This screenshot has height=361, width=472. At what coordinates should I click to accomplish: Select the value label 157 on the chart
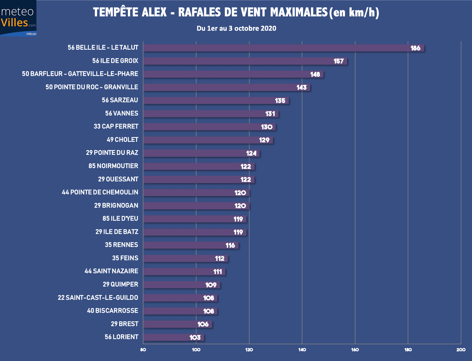[x=339, y=61]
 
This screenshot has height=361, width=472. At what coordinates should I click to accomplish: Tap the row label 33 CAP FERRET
[x=116, y=126]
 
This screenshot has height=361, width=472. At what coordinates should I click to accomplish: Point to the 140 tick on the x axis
[x=302, y=350]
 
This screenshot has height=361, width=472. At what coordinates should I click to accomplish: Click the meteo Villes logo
[x=18, y=18]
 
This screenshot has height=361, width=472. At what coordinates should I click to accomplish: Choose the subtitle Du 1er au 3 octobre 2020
[x=236, y=28]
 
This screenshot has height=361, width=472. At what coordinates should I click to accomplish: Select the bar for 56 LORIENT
[x=174, y=337]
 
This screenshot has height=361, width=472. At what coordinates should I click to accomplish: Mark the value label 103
[x=195, y=338]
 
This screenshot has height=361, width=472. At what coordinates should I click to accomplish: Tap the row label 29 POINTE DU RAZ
[x=112, y=153]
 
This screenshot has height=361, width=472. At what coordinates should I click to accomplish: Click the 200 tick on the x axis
[x=461, y=350]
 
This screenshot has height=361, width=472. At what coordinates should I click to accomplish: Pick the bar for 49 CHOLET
[x=208, y=140]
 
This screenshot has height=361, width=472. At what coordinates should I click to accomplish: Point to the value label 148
[x=315, y=74]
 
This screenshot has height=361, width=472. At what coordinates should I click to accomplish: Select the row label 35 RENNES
[x=121, y=245]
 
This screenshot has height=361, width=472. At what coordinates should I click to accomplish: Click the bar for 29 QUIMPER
[x=181, y=285]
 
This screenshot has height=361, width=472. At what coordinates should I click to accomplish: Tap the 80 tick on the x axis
[x=143, y=350]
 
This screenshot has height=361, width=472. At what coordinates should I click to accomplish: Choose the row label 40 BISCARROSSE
[x=112, y=311]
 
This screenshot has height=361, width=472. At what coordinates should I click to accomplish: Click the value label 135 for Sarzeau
[x=280, y=101]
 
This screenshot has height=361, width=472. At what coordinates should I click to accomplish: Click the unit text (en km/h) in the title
[x=354, y=12]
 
